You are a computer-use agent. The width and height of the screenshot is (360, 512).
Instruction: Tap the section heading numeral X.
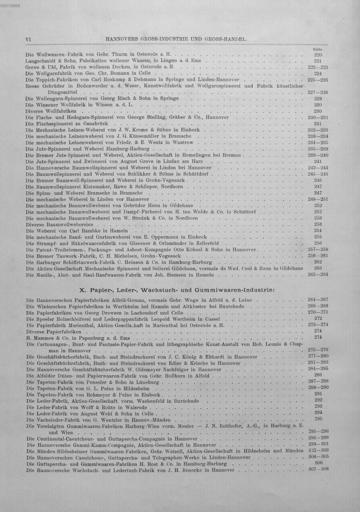click(x=81, y=290)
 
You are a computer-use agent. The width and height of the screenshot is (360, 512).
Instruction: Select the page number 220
click(x=318, y=55)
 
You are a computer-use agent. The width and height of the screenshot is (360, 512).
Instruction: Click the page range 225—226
click(x=318, y=80)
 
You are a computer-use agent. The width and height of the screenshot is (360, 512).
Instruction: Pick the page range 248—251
click(x=318, y=199)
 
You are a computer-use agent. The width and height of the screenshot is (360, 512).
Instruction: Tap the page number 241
click(x=318, y=161)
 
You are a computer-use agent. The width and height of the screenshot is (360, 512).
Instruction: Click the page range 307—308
click(x=319, y=469)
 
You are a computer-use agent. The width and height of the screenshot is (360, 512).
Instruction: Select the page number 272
click(x=318, y=318)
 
